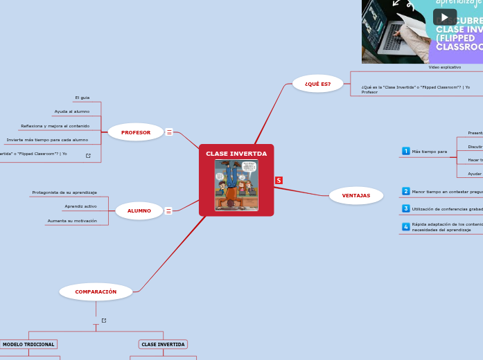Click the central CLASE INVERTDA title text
(236, 153)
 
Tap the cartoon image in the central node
(236, 185)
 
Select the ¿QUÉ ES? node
(317, 84)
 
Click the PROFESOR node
(136, 132)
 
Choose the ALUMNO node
(139, 210)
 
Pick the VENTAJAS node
(356, 195)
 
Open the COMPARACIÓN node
(96, 291)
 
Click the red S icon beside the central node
(279, 180)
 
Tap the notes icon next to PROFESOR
(169, 132)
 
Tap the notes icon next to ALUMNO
(168, 210)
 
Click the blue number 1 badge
(406, 151)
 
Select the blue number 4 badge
(406, 226)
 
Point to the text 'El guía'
(82, 98)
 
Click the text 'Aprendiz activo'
(80, 206)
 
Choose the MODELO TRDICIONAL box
(28, 344)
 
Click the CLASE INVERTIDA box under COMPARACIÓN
(163, 344)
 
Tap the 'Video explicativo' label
(444, 67)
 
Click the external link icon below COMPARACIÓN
(104, 320)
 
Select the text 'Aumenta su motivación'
(72, 221)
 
